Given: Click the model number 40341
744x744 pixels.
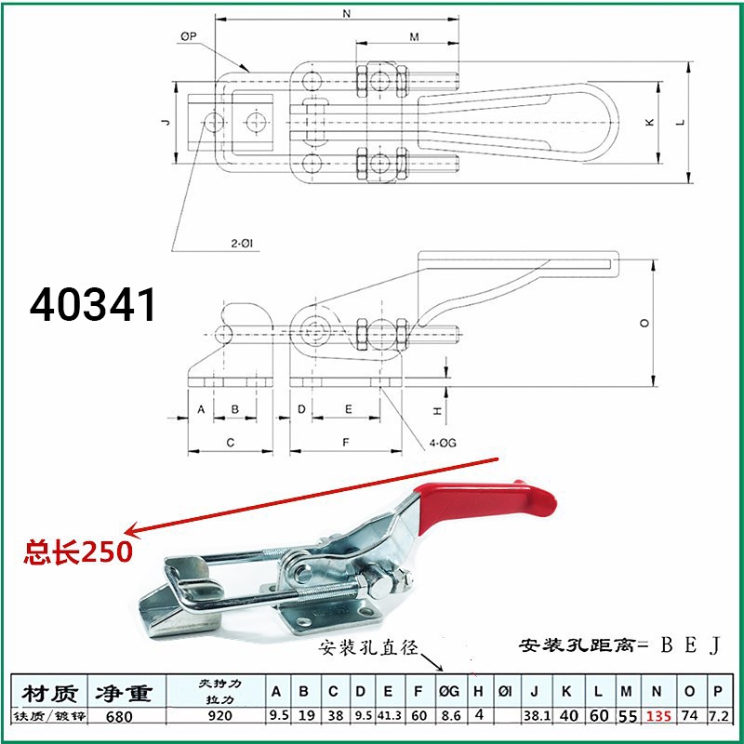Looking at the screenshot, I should pyautogui.click(x=93, y=304).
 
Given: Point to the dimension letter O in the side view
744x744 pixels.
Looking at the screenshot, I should pyautogui.click(x=644, y=323).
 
